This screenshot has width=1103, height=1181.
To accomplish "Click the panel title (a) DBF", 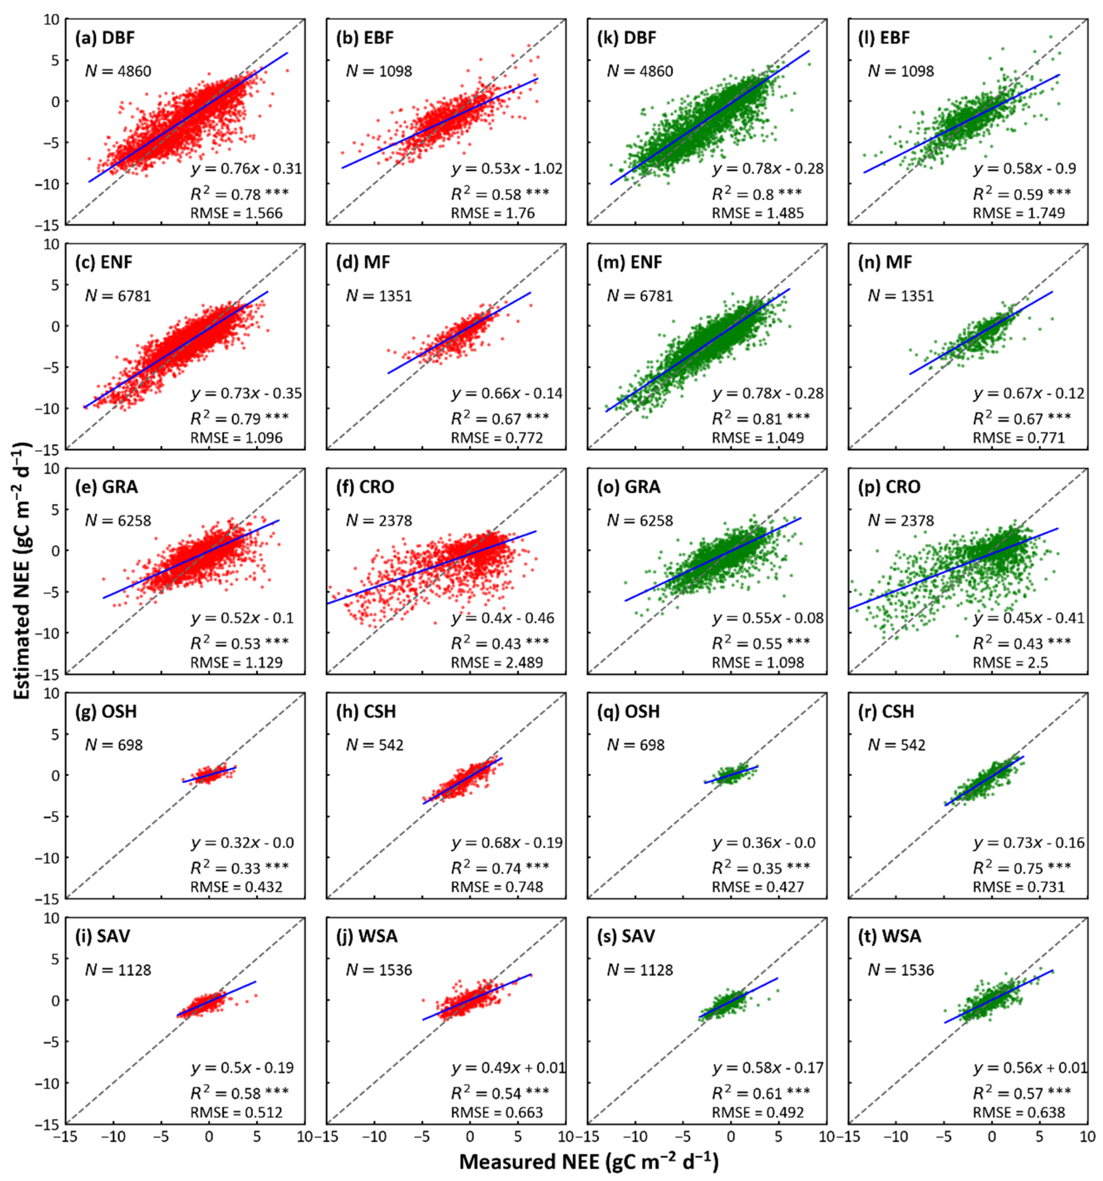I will [104, 38].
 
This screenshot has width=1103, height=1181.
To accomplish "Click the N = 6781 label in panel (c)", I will [118, 296].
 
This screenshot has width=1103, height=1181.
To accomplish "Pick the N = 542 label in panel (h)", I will [374, 745].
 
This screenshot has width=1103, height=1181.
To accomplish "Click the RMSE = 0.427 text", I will [758, 887].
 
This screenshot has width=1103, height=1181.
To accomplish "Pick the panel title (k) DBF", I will [627, 38].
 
